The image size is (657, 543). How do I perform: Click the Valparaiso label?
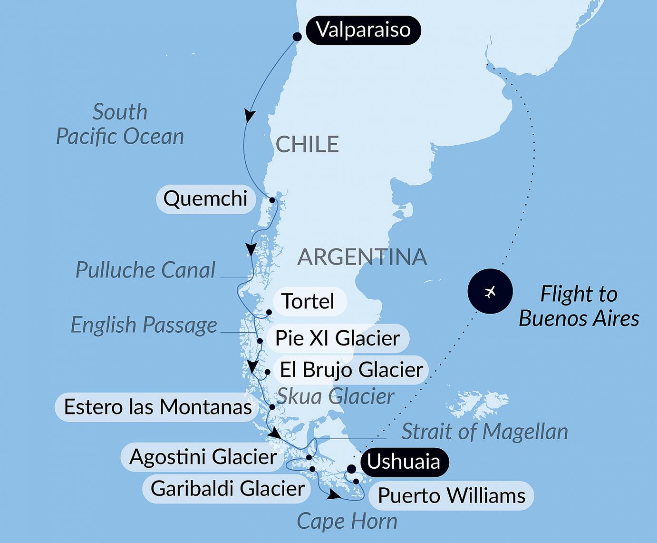point(363,30)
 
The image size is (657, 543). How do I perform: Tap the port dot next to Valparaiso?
point(297,37)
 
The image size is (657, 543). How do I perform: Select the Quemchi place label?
point(205,198)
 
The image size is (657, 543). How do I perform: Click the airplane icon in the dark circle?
point(490,291)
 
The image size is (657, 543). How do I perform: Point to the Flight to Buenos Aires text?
point(579,306)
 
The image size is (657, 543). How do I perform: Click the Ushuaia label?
point(404,462)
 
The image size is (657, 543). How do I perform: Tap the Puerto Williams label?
point(451,496)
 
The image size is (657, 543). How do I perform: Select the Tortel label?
point(308,301)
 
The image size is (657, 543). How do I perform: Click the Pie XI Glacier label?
point(338,338)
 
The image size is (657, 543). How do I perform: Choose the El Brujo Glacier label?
point(351,370)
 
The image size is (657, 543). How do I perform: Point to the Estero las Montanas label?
point(158,407)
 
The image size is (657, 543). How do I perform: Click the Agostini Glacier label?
point(203,457)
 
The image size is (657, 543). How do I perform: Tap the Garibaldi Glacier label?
point(227,488)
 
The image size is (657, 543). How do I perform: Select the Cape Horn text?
point(347,522)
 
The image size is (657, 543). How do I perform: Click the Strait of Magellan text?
point(484,432)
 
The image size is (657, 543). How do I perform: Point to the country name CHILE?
point(307,144)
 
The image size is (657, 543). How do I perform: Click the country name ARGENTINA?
point(362,257)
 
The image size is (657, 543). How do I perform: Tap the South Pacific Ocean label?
point(120,124)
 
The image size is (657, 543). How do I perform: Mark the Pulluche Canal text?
point(145,270)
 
